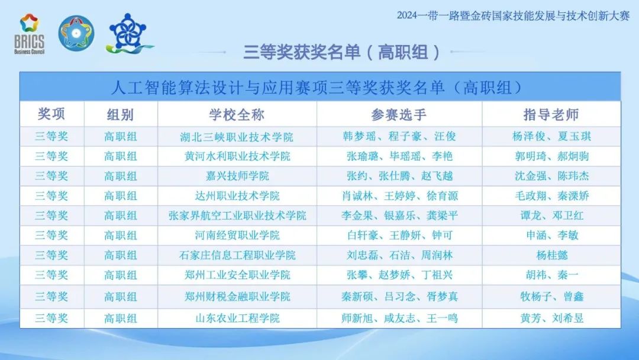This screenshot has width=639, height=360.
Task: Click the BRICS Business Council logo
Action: [29, 34]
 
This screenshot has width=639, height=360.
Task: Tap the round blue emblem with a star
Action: [76, 33]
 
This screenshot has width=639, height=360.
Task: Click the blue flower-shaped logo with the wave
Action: [129, 34]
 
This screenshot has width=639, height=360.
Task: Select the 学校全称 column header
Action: [237, 114]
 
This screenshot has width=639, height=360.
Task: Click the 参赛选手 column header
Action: [399, 114]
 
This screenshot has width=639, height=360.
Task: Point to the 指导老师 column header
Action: [551, 114]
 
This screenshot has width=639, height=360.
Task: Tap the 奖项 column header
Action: [51, 114]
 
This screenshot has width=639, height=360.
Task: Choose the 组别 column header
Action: [120, 114]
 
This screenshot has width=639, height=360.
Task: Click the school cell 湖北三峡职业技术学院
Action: [237, 137]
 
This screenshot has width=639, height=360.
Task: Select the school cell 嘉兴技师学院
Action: [237, 176]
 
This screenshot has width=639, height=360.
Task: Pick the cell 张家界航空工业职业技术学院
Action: [237, 216]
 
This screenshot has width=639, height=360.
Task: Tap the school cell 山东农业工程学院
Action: [237, 317]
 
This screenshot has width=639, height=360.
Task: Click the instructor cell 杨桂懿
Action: [551, 255]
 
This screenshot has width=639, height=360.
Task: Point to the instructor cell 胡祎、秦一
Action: [551, 275]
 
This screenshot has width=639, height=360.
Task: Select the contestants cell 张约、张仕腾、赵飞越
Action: [399, 176]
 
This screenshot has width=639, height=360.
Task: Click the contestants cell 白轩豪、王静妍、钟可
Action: [399, 235]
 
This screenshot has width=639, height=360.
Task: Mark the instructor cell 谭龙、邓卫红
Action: [551, 216]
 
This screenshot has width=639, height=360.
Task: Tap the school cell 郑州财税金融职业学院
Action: [237, 297]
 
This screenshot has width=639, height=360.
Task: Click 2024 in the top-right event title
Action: [407, 15]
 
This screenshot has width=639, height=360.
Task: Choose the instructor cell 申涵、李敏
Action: [551, 235]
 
